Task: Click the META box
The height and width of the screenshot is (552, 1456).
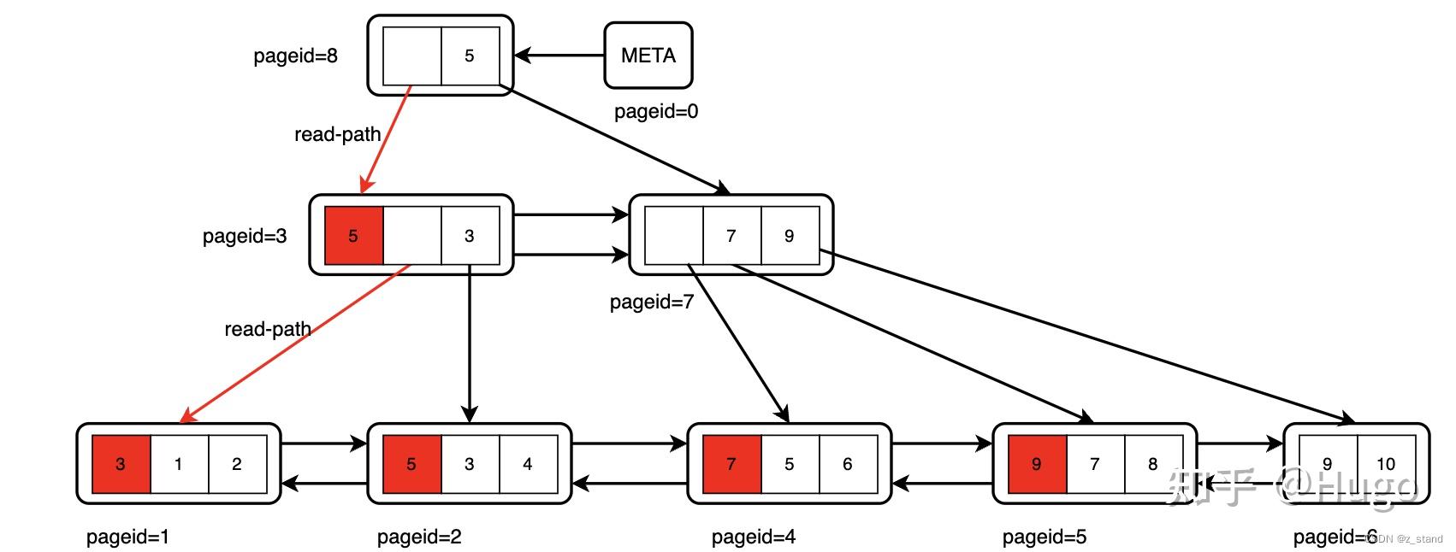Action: (x=648, y=56)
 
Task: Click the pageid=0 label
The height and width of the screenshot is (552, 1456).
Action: (x=655, y=111)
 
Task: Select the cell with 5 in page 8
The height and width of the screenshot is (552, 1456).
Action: (x=470, y=56)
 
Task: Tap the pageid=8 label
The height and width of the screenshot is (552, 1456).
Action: (x=295, y=56)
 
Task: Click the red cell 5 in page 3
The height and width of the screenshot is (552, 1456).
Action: (x=353, y=236)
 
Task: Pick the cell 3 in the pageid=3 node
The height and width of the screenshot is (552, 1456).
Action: (x=470, y=236)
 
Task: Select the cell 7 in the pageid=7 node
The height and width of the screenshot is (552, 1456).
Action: (x=731, y=236)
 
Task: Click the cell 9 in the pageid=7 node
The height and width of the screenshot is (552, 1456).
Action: (x=789, y=236)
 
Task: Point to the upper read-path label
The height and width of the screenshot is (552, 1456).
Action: (x=337, y=134)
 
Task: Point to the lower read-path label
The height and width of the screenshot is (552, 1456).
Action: (x=267, y=329)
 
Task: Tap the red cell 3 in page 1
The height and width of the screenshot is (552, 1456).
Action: (x=121, y=464)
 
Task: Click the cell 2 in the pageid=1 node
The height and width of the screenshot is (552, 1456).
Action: (x=237, y=464)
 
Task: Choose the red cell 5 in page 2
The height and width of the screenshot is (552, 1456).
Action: (x=411, y=464)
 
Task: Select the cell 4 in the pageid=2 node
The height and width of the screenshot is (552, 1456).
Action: (x=528, y=464)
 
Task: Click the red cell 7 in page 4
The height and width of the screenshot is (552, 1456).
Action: (x=731, y=464)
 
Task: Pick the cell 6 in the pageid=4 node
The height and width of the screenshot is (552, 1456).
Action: (x=848, y=464)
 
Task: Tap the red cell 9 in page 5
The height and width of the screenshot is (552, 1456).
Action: (x=1037, y=464)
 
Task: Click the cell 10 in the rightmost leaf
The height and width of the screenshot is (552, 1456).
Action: (x=1386, y=464)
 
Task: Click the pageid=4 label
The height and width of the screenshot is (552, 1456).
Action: (x=753, y=537)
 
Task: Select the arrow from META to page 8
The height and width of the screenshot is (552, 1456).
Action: (x=560, y=56)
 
